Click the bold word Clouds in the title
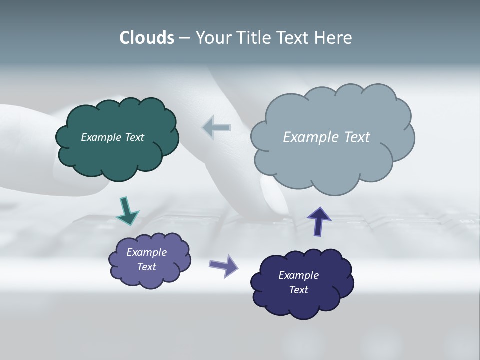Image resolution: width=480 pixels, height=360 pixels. coord(146,38)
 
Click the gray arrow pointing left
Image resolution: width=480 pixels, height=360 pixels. coord(217,128)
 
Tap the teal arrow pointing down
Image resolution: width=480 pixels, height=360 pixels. coord(127,210)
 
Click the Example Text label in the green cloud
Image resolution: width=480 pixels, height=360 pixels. coord(112,137)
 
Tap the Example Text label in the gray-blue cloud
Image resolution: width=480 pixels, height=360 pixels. coord(326,137)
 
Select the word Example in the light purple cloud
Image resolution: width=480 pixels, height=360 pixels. coord(146,252)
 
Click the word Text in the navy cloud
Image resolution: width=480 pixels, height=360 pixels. coord(298,290)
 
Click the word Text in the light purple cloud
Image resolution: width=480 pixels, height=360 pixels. coord(146,267)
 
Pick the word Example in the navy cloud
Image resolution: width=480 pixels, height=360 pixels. coord(298,275)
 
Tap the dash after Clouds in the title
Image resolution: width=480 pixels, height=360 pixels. coord(184,38)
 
